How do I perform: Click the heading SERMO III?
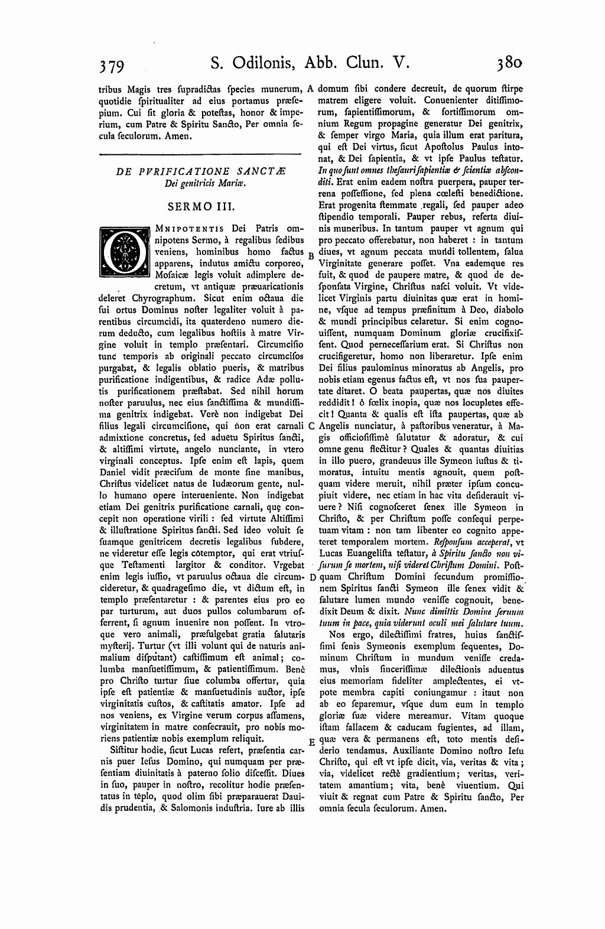201,207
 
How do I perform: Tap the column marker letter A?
311,89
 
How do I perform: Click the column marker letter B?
311,255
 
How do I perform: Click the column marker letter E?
311,742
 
